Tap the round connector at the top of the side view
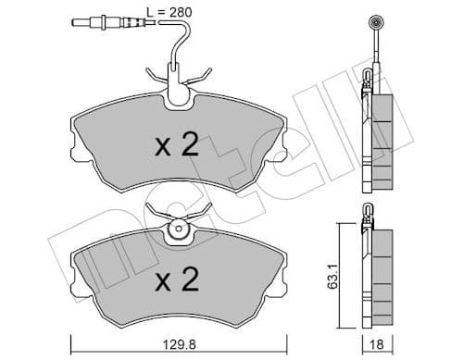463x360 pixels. [377, 23]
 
